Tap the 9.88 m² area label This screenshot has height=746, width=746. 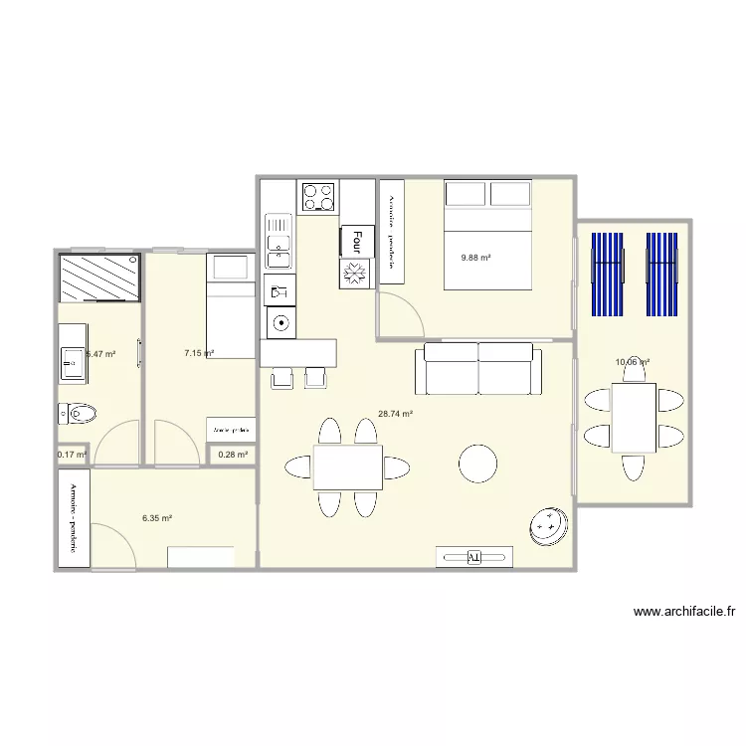[x=475, y=258]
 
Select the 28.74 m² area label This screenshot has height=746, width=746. [x=395, y=414]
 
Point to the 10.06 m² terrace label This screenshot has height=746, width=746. [x=633, y=362]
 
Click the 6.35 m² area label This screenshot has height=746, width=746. [x=157, y=518]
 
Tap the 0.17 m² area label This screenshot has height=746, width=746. [x=73, y=455]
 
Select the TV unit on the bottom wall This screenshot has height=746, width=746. [x=473, y=557]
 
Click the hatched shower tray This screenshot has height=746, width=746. [x=99, y=277]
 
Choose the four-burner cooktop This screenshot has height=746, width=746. [x=318, y=196]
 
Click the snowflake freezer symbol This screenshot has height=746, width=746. [x=355, y=273]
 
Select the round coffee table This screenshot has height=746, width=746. [x=477, y=463]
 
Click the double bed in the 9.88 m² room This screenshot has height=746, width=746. [x=487, y=235]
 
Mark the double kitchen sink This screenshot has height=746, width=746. [x=279, y=244]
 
